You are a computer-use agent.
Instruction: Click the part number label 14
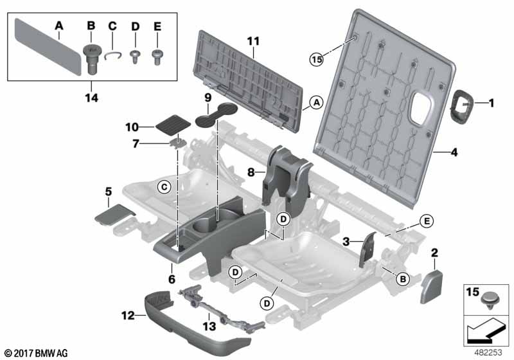click(91, 97)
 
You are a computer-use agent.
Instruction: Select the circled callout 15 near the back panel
click(316, 59)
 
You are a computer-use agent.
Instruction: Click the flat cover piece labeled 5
click(115, 215)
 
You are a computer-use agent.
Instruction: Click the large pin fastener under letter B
click(91, 59)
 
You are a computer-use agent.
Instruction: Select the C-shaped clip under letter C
click(113, 55)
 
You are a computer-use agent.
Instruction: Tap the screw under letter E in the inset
click(157, 57)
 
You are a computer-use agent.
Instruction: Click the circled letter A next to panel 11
click(316, 103)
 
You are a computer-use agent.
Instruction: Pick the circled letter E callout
click(427, 221)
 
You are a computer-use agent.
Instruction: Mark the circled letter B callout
click(403, 280)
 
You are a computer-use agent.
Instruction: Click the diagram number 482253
click(488, 352)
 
